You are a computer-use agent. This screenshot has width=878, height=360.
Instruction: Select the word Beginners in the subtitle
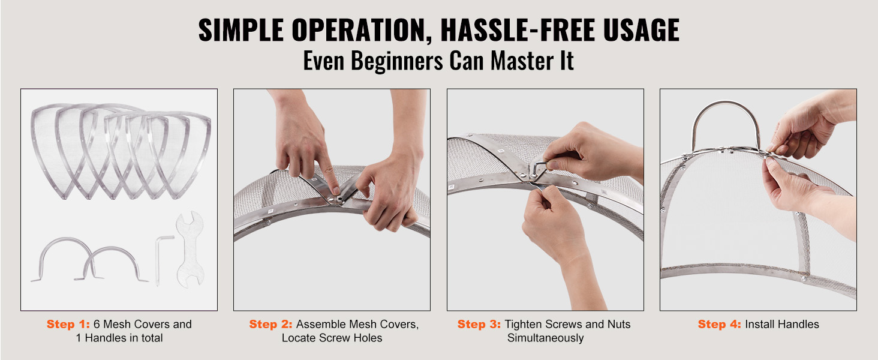coord(396,61)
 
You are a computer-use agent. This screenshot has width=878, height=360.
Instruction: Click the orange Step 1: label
coord(68,325)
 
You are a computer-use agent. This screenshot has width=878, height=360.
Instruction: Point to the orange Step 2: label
coord(271,325)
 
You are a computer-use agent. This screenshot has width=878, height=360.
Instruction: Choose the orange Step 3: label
coord(479,325)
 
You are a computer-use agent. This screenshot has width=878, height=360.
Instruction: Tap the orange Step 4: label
coord(719,325)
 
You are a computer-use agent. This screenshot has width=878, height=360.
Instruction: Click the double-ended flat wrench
coord(190,249)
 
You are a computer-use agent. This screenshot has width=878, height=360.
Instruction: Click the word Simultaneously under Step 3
coord(545,338)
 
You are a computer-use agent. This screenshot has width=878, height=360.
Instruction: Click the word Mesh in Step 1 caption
coord(117,325)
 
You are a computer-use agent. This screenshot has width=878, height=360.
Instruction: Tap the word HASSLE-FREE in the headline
coord(518,30)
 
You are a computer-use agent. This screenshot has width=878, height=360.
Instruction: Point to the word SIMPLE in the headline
coord(240,30)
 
